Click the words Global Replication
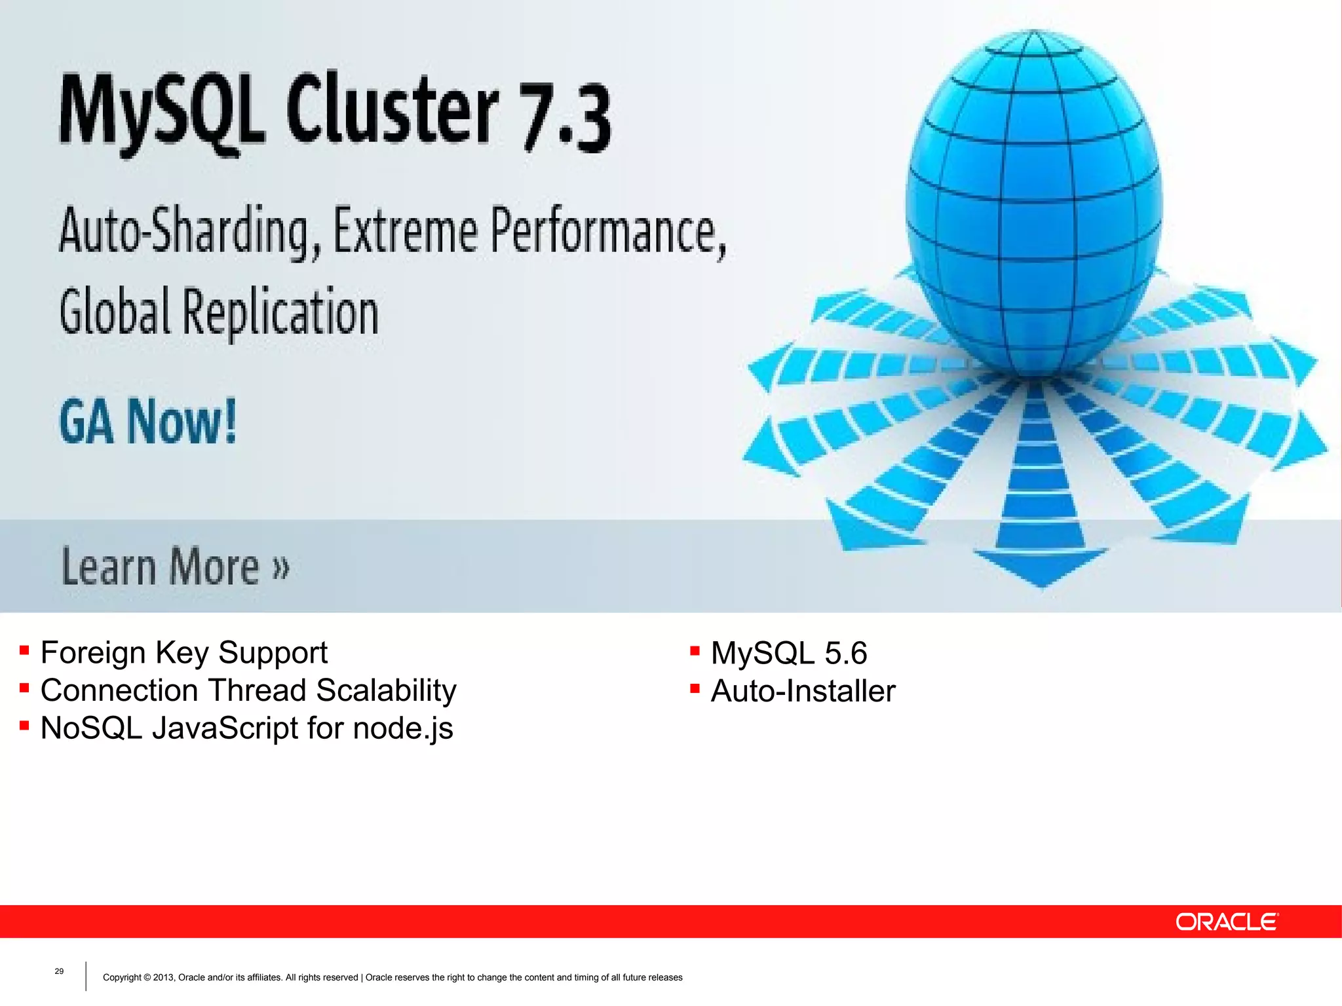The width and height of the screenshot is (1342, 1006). [x=219, y=312]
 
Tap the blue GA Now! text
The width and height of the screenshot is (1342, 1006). [x=148, y=422]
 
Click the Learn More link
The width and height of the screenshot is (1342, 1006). [x=175, y=566]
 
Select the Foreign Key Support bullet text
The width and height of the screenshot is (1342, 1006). [x=183, y=652]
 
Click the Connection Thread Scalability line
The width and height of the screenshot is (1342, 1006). [x=248, y=690]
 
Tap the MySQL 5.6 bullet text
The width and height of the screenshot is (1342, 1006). [x=789, y=653]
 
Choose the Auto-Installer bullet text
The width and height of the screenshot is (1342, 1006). [x=803, y=691]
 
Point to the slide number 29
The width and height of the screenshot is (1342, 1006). [x=59, y=971]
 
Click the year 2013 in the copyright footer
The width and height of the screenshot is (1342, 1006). [x=163, y=978]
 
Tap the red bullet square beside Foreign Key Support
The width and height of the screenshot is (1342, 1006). [x=24, y=650]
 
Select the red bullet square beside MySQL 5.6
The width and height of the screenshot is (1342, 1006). [x=695, y=651]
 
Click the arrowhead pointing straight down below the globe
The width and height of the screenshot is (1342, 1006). [x=1041, y=566]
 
